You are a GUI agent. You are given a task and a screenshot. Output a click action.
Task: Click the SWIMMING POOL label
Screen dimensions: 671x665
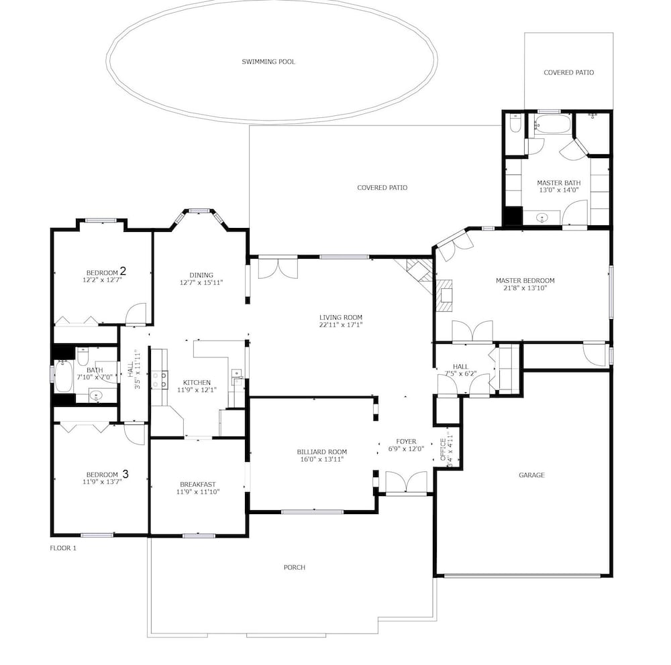[268, 62]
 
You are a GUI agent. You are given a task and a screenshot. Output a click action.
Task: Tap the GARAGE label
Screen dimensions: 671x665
[531, 475]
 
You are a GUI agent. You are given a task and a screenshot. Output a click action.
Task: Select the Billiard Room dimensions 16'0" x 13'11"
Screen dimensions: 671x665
[322, 459]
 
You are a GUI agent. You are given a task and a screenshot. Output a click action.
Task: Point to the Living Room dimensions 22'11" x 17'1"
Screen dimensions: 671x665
[341, 324]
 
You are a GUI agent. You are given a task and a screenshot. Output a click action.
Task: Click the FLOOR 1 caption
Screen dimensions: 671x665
[63, 548]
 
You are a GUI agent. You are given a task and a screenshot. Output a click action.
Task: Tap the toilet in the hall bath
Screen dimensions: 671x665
[83, 356]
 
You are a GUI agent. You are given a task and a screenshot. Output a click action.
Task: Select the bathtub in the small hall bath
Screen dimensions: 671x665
[63, 377]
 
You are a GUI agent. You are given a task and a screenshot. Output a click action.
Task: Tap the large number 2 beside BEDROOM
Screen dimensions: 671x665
[123, 271]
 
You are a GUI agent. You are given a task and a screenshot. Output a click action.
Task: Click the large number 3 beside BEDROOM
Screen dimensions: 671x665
[125, 474]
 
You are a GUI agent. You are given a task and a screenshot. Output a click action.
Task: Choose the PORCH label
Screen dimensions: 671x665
[295, 568]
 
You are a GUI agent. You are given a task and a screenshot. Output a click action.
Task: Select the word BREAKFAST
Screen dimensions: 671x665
[198, 485]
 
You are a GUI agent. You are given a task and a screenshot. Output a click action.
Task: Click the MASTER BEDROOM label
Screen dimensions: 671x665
[525, 280]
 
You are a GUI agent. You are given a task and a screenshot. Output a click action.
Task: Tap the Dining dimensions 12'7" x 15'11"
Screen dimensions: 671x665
[201, 283]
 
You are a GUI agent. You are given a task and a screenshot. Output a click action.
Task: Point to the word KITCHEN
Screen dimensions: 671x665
[197, 383]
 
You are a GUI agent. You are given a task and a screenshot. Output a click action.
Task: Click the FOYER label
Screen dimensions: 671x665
[406, 442]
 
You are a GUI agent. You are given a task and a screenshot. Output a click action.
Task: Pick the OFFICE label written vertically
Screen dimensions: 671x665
[443, 449]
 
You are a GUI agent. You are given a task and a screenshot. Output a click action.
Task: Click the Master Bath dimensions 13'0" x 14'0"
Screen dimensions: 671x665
[559, 190]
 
